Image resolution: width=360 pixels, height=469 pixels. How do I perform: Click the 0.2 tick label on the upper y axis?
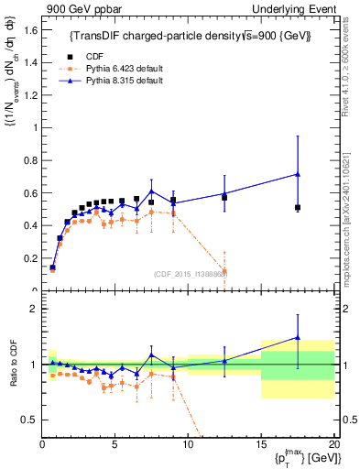[29, 258]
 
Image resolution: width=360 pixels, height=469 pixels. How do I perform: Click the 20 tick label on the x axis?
[333, 444]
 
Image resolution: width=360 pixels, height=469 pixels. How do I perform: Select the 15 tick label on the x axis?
[261, 444]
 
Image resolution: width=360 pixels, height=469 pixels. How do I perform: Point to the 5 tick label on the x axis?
[115, 444]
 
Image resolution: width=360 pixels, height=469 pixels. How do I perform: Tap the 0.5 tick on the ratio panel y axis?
[29, 420]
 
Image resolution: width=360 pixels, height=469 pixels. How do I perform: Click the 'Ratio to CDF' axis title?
[12, 377]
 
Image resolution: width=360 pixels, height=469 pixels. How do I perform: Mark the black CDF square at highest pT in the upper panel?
[298, 208]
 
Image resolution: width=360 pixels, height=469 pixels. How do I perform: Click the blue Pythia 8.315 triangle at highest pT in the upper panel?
[298, 174]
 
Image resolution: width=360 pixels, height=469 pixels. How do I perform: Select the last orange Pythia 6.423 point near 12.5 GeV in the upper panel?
[224, 272]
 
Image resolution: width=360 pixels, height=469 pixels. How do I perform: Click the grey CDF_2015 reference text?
[191, 273]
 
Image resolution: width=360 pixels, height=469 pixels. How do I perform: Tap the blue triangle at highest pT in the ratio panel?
[298, 337]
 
